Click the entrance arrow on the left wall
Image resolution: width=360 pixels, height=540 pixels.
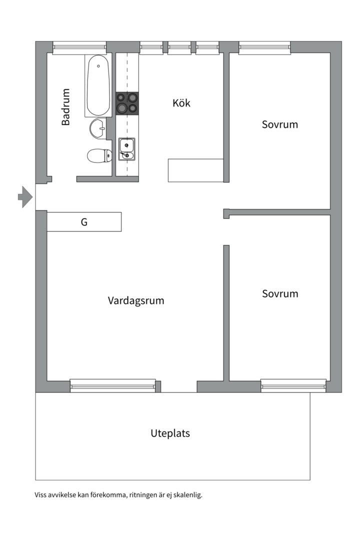pos(25,197)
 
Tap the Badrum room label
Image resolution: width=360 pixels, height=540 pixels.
pos(65,107)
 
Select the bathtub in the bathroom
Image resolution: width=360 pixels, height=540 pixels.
pos(98,85)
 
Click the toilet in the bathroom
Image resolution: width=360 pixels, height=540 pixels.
pos(99,156)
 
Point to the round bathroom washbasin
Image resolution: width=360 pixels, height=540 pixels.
pos(98,128)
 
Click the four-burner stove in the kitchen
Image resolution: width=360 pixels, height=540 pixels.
pos(127,103)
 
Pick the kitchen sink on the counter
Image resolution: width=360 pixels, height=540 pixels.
pos(127,149)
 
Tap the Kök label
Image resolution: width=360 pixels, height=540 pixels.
pos(181,103)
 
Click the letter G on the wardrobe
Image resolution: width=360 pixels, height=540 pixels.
pos(84,222)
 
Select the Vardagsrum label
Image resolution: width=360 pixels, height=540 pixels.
pos(135,300)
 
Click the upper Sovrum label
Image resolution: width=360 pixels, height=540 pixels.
pos(279,124)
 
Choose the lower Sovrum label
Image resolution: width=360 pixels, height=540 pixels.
pos(280,294)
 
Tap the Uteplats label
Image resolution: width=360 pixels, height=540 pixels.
pos(170,433)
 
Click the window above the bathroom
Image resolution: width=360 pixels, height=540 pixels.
pos(79,48)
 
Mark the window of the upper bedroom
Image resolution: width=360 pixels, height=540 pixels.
pos(264,48)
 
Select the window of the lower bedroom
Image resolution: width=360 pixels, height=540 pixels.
pos(293,385)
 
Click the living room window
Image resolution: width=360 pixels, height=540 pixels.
pos(113,385)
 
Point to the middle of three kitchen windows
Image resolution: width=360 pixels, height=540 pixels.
pos(179,48)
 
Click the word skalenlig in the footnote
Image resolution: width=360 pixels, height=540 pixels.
pos(188,495)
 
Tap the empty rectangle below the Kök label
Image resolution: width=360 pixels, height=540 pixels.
pos(195,170)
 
